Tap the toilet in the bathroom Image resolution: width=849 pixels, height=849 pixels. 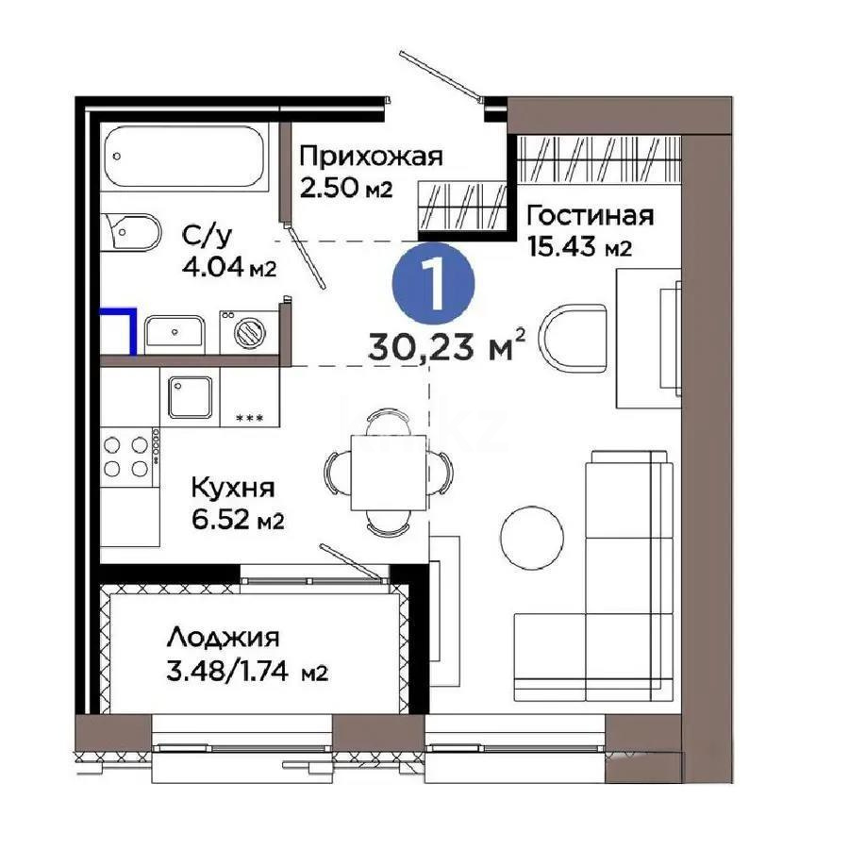click(x=131, y=231)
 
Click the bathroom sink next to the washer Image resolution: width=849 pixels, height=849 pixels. click(x=175, y=332)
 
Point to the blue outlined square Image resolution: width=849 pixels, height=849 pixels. click(x=121, y=330)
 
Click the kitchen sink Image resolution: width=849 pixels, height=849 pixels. click(x=191, y=396)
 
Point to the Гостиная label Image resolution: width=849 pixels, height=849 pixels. click(x=590, y=215)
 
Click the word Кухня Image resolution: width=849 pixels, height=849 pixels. click(x=232, y=488)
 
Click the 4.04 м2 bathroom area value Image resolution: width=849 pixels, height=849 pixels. click(x=230, y=267)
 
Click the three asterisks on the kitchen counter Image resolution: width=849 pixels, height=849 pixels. click(x=249, y=418)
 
